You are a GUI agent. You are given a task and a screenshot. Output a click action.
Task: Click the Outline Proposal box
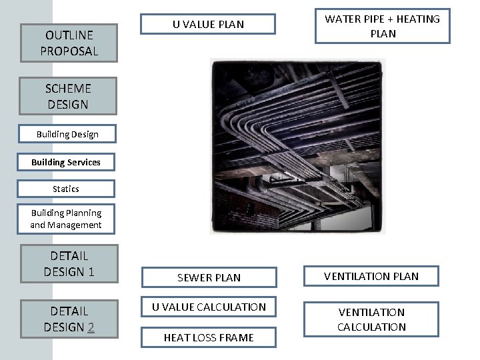tap(69, 43)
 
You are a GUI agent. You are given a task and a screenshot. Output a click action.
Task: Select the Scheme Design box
tap(67, 96)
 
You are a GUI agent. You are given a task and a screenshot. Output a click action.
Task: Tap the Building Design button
tap(67, 134)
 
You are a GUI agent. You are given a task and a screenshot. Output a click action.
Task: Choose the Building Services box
tap(66, 162)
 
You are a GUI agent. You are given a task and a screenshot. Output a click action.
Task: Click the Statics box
tap(66, 189)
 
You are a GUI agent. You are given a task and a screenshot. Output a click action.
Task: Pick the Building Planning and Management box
tap(66, 219)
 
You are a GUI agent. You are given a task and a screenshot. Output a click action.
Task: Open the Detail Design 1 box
tap(69, 263)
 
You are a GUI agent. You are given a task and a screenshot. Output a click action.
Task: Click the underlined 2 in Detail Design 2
tap(91, 327)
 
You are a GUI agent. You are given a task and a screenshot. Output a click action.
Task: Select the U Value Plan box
tap(208, 25)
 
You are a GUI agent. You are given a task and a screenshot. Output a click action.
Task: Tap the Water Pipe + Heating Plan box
tap(382, 26)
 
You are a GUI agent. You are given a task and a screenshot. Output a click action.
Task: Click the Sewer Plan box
tap(209, 277)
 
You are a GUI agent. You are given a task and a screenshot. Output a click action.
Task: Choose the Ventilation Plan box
tap(371, 276)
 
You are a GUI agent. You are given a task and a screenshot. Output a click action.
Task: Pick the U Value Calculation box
tap(209, 307)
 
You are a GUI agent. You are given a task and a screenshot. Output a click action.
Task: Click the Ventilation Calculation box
tap(371, 319)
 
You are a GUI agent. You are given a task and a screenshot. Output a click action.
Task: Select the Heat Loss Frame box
tap(209, 337)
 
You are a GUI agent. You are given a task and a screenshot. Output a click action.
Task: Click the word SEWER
tap(191, 277)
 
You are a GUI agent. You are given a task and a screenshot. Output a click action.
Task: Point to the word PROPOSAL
tap(69, 51)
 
